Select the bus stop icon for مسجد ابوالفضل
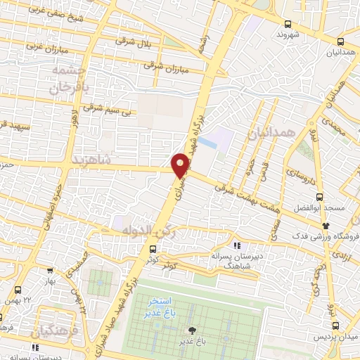pyautogui.click(x=321, y=197)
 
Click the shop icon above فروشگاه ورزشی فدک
pyautogui.click(x=325, y=224)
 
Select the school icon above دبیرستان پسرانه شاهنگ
pyautogui.click(x=237, y=245)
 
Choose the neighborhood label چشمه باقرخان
pyautogui.click(x=66, y=82)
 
